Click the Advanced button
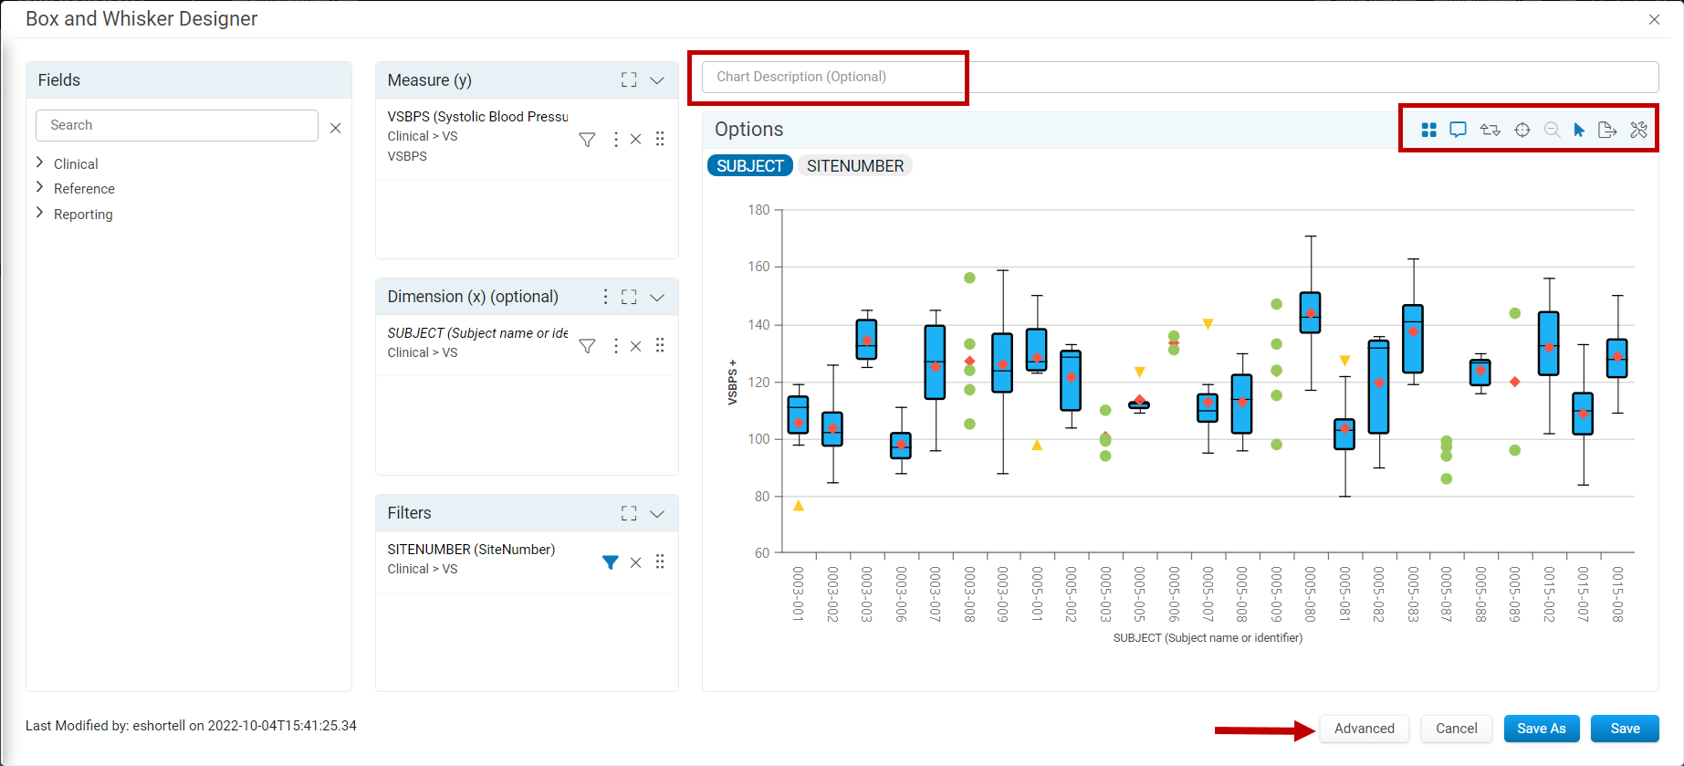[1364, 729]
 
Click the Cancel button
[1456, 729]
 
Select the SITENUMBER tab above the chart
[855, 166]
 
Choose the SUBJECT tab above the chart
[750, 166]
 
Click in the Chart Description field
[1179, 77]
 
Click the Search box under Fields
[177, 125]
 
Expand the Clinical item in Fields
[76, 164]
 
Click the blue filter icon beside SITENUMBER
[611, 562]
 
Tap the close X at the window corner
[1654, 19]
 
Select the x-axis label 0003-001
[798, 594]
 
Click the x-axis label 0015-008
[1617, 594]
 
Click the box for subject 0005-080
[1310, 312]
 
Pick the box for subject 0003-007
[935, 362]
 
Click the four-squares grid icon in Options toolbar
[1429, 130]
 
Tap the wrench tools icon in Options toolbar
[1639, 130]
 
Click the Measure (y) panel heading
[430, 80]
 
